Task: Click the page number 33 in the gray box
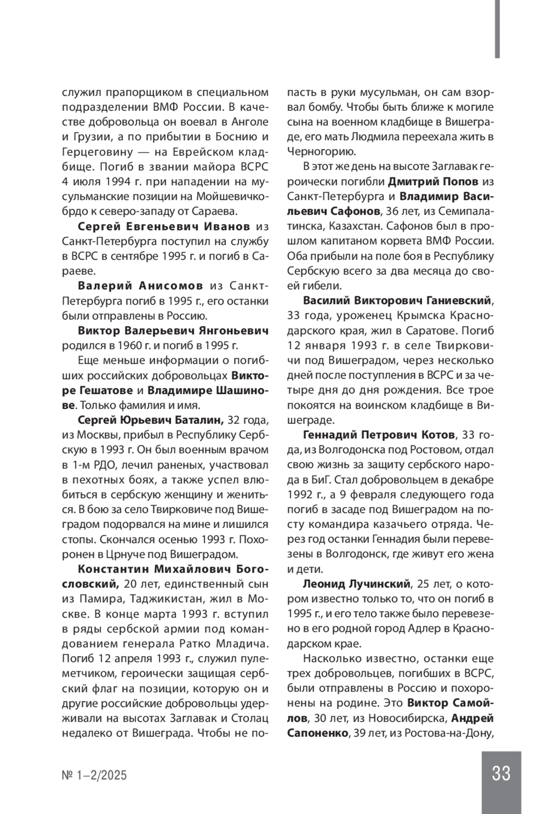(501, 773)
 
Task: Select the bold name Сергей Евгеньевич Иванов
(164, 226)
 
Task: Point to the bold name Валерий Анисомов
(140, 286)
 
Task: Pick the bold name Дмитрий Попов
(433, 181)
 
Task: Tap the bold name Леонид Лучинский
(356, 584)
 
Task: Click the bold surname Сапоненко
(318, 733)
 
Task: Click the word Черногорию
(321, 151)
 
